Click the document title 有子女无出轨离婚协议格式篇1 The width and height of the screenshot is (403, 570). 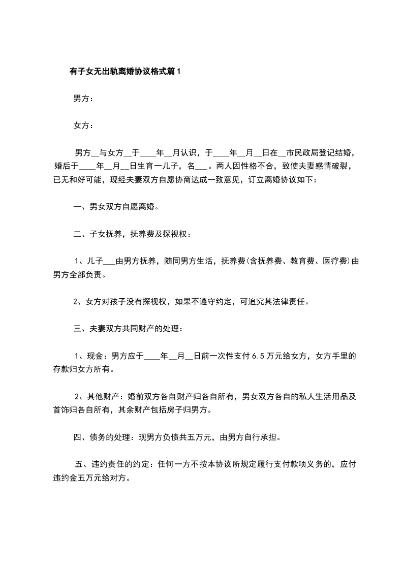click(x=125, y=72)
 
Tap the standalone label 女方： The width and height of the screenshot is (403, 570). click(x=83, y=125)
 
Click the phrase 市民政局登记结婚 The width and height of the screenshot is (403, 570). click(x=319, y=152)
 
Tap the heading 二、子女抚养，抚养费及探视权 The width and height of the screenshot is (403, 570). click(x=132, y=234)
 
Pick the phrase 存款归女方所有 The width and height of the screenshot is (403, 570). click(x=82, y=369)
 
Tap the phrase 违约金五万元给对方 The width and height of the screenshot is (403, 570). click(x=90, y=478)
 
